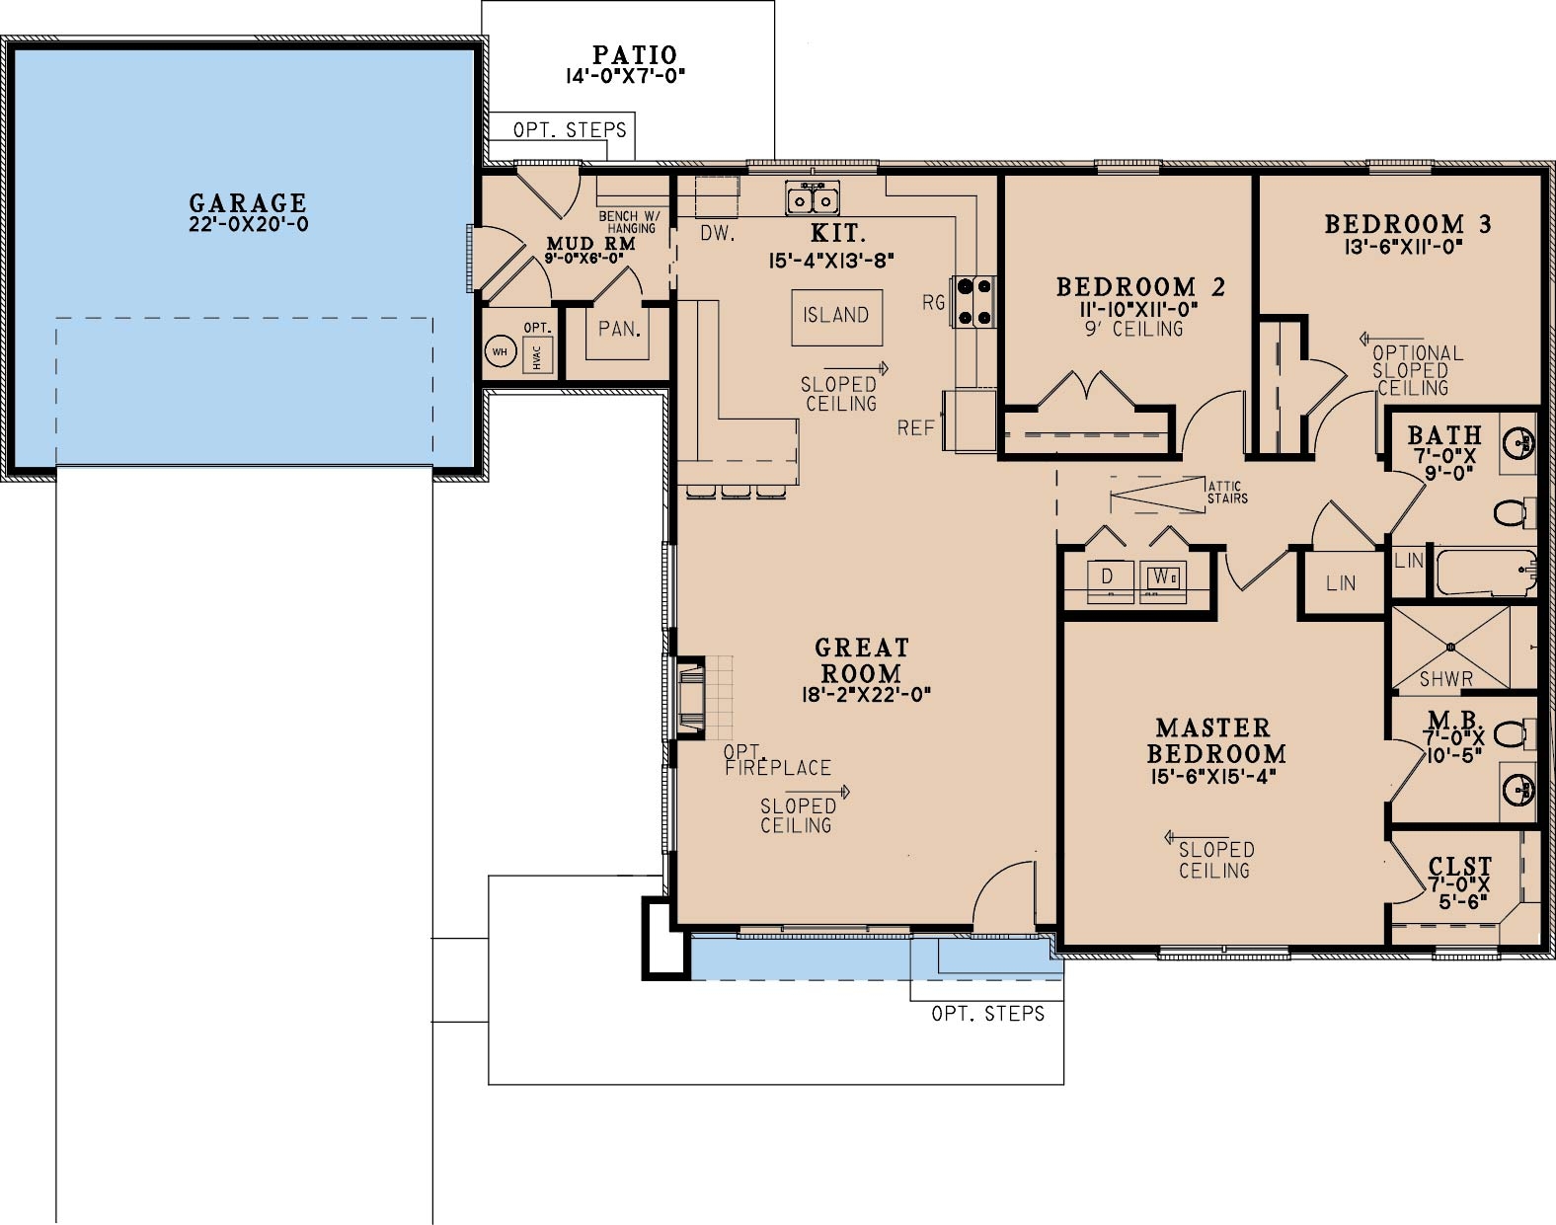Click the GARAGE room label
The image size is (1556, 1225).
point(248,203)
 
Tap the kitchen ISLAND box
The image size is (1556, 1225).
point(836,316)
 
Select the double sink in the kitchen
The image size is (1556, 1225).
point(813,198)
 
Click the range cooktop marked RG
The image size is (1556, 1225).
point(973,301)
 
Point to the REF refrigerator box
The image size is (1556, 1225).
point(970,421)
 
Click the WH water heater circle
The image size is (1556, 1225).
point(500,351)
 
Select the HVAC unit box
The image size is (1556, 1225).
point(537,354)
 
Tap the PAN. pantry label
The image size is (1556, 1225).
point(619,329)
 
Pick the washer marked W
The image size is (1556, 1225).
point(1162,576)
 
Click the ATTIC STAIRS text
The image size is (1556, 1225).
point(1227,492)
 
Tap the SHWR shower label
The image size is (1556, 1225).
point(1445,679)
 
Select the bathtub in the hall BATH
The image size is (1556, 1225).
point(1484,573)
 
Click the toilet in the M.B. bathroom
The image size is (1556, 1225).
point(1509,734)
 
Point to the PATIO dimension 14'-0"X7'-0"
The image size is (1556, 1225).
point(625,76)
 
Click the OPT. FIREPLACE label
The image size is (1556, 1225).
point(777,760)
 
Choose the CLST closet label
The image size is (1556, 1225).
point(1460,867)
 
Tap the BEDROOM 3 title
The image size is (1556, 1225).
point(1407,225)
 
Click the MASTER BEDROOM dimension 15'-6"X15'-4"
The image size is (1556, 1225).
point(1213,776)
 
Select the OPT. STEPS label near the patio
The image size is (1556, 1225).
point(570,129)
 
